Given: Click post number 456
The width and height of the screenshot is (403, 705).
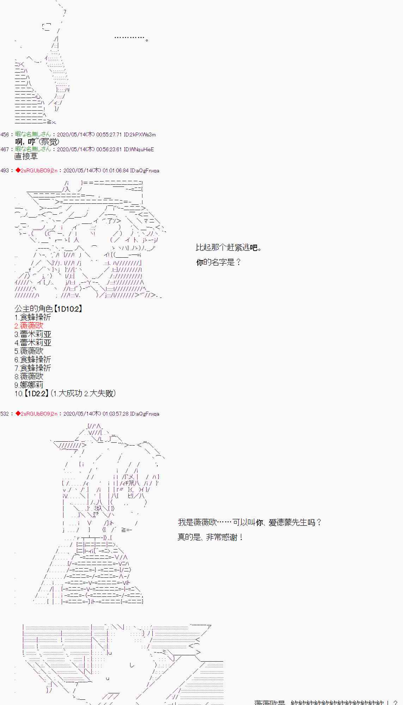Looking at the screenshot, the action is [5, 135].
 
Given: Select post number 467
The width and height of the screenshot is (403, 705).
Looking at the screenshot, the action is [5, 149].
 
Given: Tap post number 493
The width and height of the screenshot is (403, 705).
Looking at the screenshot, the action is [5, 171].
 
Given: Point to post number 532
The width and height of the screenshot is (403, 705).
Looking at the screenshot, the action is [5, 414].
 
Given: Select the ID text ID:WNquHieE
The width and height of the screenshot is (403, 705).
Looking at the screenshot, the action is [139, 149].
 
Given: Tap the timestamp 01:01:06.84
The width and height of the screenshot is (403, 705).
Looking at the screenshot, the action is [116, 171].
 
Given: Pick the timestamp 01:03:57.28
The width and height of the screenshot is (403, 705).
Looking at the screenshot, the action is [116, 414].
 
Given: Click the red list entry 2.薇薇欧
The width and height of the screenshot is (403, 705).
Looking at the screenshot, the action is [29, 326].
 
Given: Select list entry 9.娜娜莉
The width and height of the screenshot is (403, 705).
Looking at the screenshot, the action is [29, 385].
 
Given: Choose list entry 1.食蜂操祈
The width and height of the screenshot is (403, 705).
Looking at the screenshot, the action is [33, 317].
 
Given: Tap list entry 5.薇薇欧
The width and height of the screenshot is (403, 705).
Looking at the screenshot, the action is [29, 351].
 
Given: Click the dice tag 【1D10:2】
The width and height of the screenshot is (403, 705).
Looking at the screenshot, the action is [68, 309].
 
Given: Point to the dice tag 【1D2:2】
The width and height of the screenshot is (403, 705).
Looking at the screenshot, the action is [36, 393].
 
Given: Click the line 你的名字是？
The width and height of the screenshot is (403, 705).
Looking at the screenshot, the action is [219, 262].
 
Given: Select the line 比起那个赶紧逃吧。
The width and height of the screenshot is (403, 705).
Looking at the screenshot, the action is [229, 247].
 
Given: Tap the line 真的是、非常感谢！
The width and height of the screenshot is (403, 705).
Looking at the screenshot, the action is [210, 537].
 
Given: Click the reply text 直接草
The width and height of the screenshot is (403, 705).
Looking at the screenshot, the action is [26, 157].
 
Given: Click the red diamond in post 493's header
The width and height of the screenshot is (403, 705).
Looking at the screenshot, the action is [18, 171].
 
